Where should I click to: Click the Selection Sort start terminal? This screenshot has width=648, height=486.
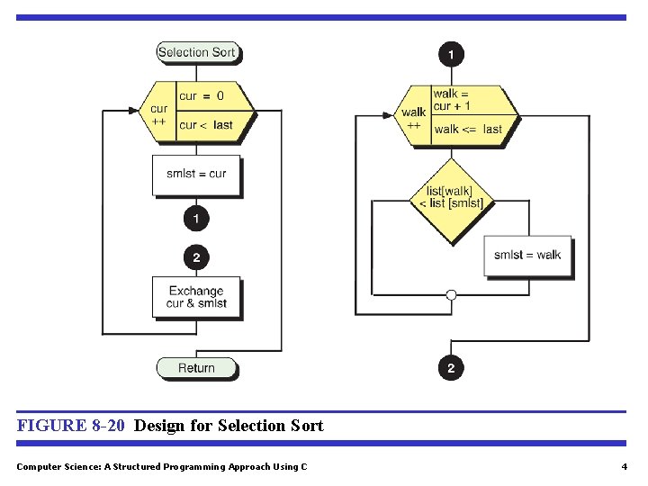(196, 52)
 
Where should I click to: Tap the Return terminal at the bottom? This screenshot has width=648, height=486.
(196, 367)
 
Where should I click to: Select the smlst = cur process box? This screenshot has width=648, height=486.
(196, 174)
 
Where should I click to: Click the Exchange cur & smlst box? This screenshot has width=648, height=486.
(196, 297)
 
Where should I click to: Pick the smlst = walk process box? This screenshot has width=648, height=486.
(526, 255)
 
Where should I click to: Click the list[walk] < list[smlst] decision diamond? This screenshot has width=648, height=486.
(451, 198)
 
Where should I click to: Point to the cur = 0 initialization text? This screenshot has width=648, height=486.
(202, 95)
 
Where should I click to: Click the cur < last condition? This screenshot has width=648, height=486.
(206, 125)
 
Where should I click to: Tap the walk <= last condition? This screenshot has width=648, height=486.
(467, 129)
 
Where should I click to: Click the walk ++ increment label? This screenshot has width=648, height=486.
(414, 119)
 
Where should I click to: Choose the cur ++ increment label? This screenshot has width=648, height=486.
(158, 115)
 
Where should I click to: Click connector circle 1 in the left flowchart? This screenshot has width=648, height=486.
(196, 218)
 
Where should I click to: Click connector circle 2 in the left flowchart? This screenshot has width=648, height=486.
(196, 257)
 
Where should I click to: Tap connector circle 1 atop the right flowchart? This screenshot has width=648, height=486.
(451, 54)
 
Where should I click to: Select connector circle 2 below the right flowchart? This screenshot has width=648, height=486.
(451, 367)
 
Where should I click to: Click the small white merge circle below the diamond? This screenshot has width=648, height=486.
(451, 294)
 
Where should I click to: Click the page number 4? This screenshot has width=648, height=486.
(624, 466)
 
